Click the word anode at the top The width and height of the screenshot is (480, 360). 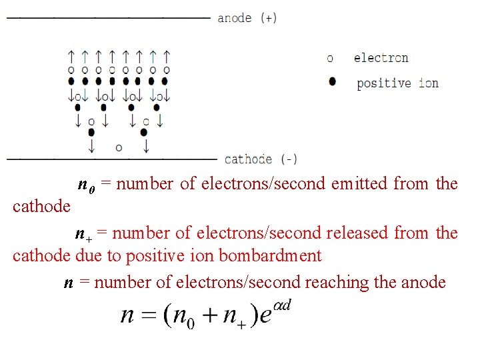(235, 18)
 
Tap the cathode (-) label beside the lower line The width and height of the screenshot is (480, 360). (261, 159)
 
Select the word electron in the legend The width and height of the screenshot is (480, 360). (381, 58)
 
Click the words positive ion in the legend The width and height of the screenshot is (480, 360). (397, 83)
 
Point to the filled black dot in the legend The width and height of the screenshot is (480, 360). (332, 82)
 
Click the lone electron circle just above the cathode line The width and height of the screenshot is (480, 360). (119, 147)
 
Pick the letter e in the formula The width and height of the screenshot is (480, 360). (265, 316)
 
